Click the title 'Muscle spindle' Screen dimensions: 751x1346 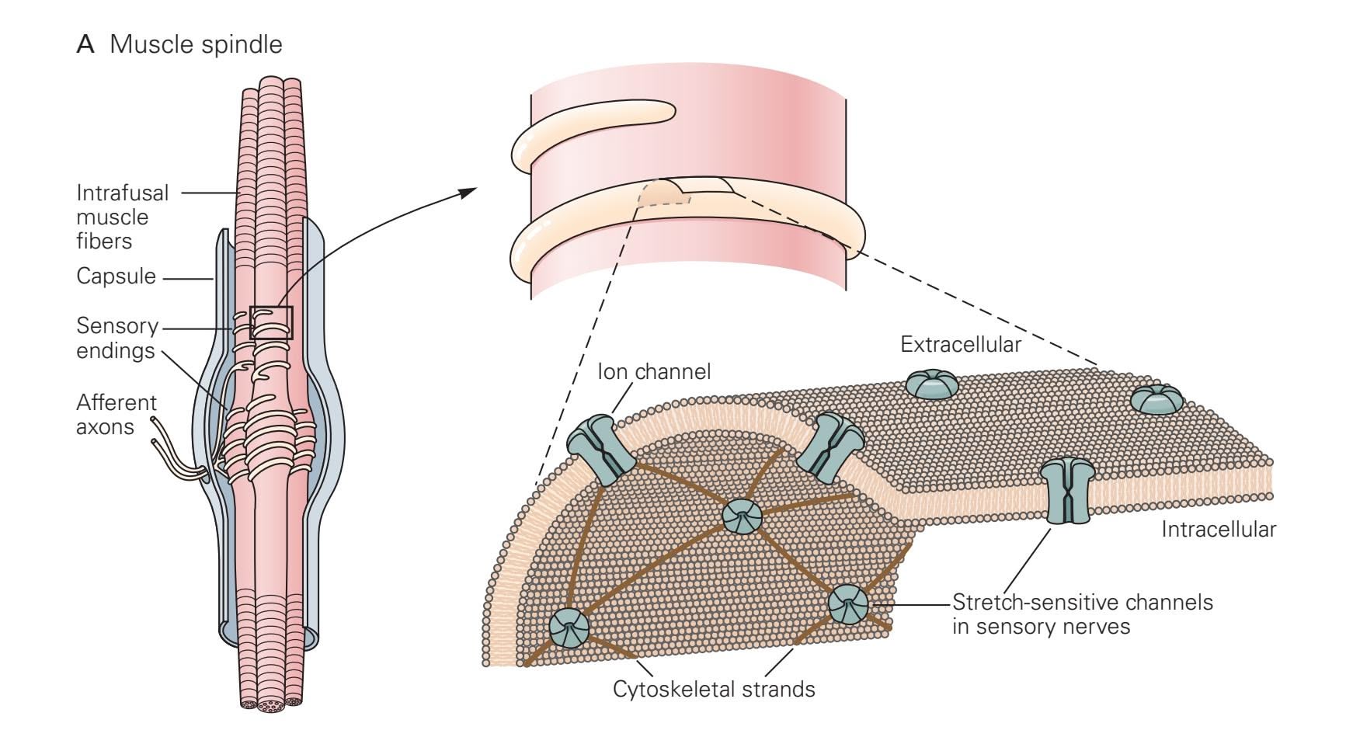click(x=196, y=44)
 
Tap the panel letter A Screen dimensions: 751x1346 click(x=85, y=44)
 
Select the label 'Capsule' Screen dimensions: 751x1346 click(x=116, y=276)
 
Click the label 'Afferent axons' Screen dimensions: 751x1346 click(x=116, y=414)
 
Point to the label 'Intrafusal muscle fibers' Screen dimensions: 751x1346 click(x=122, y=217)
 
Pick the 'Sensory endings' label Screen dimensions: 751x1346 click(x=117, y=338)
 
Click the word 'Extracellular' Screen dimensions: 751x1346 click(x=960, y=344)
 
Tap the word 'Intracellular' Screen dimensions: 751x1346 click(x=1218, y=530)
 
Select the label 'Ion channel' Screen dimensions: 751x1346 click(x=653, y=372)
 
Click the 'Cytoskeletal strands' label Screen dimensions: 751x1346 click(x=714, y=689)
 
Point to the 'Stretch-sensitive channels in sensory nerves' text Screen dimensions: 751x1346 click(x=1082, y=614)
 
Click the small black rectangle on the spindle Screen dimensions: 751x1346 click(x=271, y=322)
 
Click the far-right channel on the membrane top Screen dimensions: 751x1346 click(x=1156, y=399)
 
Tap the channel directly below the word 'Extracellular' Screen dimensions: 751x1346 click(x=932, y=384)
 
